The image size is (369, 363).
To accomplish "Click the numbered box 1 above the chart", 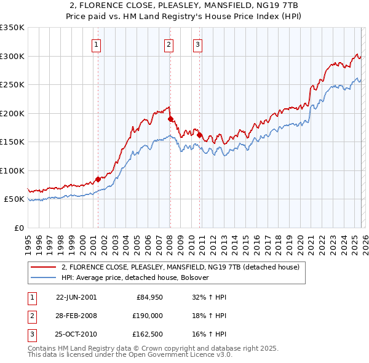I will point(97,44).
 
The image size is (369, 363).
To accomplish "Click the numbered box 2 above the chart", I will point(169,44).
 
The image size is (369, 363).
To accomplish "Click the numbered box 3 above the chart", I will point(197,44).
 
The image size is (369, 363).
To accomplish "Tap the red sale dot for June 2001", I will point(98,179).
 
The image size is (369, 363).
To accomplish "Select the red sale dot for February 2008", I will point(170,119).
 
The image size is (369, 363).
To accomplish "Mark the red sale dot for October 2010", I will point(199,135).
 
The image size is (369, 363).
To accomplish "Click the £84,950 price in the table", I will point(148,297).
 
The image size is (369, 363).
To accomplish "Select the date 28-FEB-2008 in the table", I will point(76,316).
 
